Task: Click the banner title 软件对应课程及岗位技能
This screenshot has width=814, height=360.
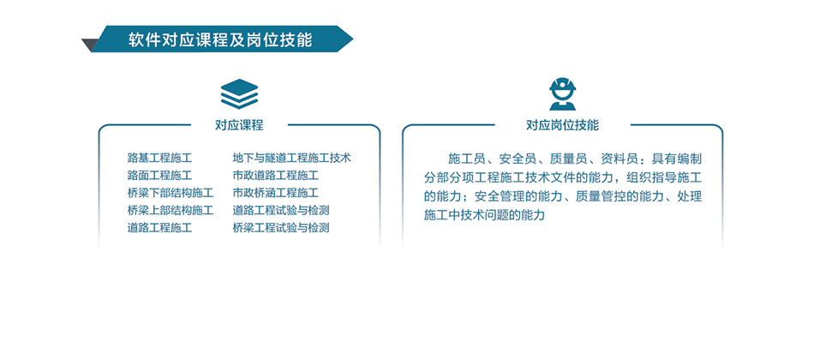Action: (x=220, y=39)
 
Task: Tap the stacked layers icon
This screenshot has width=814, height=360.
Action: (x=239, y=93)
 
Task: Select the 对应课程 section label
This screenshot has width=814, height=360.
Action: (x=239, y=124)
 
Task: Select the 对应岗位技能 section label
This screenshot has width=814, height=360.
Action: (x=562, y=124)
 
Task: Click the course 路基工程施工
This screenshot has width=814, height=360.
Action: (x=159, y=158)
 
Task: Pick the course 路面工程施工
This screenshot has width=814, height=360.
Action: (x=159, y=175)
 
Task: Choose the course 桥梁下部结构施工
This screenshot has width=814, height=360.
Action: (x=170, y=193)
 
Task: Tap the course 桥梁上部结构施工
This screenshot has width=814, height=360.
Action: (x=170, y=210)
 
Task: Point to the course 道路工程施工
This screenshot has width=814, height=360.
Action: (x=159, y=228)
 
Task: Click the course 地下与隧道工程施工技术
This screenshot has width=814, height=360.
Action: (x=291, y=158)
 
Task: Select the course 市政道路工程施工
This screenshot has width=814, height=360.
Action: (x=275, y=175)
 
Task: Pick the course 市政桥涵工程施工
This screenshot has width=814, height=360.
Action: (x=275, y=193)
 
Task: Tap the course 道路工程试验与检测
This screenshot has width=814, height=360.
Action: (x=281, y=210)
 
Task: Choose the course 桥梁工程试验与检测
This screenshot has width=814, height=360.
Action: (x=281, y=228)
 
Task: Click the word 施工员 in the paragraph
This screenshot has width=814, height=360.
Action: (x=467, y=159)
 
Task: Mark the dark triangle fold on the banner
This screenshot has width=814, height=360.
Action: (x=89, y=45)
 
